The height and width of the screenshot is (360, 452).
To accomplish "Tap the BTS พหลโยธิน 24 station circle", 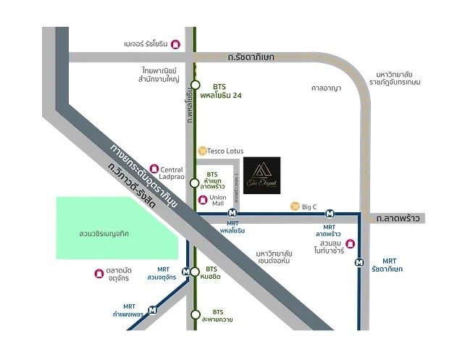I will point(195,85).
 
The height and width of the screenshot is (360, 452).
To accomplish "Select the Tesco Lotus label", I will point(225,151).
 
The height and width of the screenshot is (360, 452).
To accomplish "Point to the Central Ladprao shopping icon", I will point(154,168).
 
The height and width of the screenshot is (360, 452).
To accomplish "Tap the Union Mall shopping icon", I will point(202,198).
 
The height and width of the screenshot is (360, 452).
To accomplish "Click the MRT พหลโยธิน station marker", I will point(232,213).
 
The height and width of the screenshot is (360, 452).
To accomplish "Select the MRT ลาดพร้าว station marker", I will point(330,214).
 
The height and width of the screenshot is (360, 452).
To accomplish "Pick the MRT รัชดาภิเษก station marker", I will point(359,262).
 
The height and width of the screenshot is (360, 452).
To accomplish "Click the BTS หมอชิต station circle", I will point(195,272).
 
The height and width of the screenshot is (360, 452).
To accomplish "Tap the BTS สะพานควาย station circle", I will point(195,314).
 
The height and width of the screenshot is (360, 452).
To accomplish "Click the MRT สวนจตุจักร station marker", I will point(187,272).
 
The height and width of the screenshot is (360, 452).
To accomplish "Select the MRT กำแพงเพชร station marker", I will point(152,310).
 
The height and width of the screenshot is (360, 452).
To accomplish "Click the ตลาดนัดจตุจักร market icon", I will point(99,273).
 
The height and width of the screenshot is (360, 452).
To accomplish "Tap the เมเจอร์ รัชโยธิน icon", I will point(175,44).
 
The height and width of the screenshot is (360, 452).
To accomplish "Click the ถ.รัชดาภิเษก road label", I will point(250,56).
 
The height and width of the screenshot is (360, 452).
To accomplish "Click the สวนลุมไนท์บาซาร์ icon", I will point(351,243).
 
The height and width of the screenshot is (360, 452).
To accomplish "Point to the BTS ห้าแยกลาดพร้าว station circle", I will point(195,184).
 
